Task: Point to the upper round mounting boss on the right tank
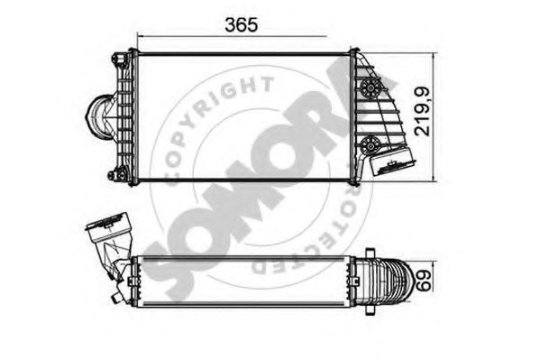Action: (x=368, y=88)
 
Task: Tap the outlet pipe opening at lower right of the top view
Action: (x=394, y=167)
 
